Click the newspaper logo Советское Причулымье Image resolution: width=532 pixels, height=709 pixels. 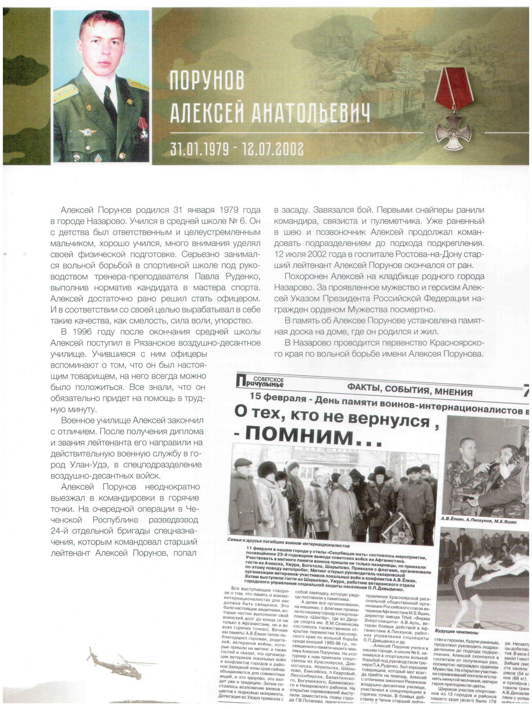[x=260, y=382]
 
